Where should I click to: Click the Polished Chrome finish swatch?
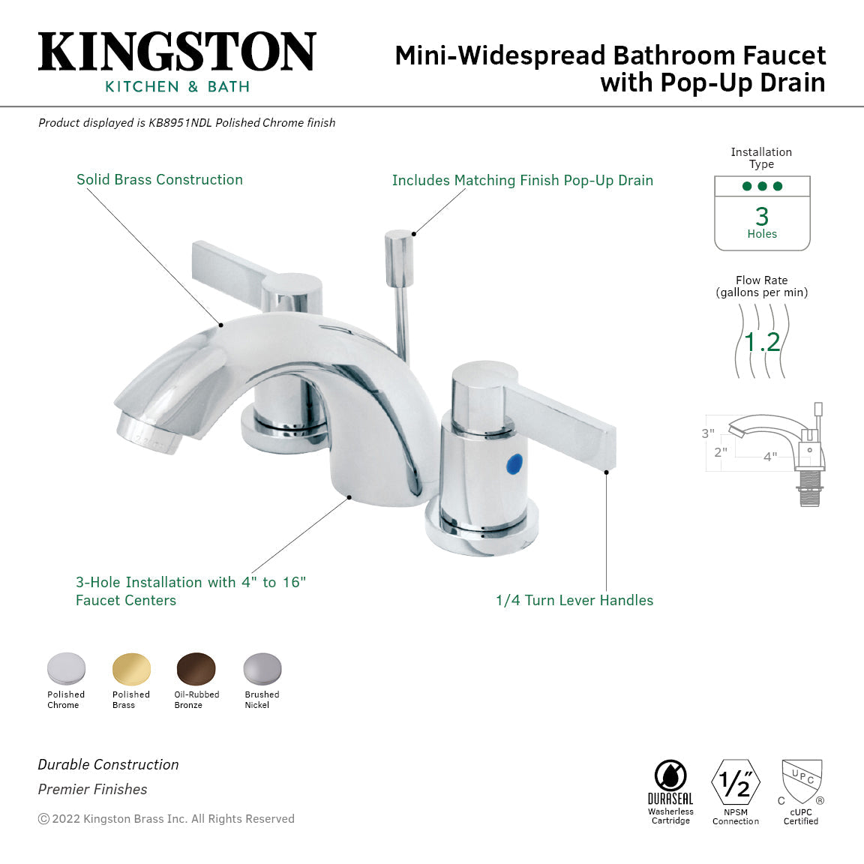click(66, 668)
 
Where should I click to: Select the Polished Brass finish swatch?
click(131, 668)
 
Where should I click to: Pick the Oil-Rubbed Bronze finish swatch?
click(196, 668)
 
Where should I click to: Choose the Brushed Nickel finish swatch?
click(262, 668)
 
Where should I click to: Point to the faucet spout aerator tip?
click(147, 435)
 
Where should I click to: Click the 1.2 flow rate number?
click(762, 342)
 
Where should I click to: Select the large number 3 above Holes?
click(762, 216)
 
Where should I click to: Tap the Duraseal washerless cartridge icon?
click(670, 776)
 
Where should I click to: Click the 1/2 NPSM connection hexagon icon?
click(735, 782)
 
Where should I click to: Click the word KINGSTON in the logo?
click(177, 52)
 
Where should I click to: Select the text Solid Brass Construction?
click(160, 180)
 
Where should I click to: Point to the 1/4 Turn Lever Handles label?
click(574, 601)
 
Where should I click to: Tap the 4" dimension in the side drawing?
click(770, 457)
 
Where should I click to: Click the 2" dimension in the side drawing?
click(721, 452)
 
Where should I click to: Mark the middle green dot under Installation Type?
click(762, 186)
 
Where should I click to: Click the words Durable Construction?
click(109, 765)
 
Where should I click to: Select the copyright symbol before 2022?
click(43, 819)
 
